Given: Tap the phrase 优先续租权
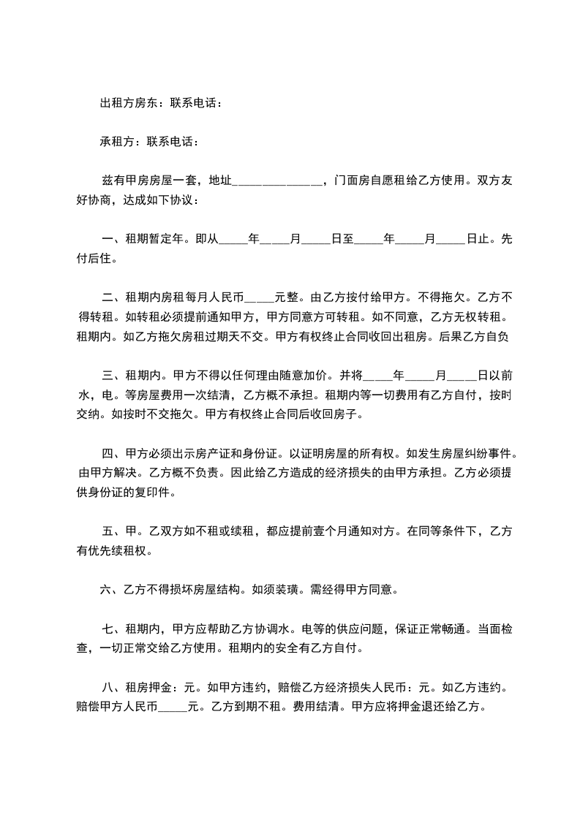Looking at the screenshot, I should click(118, 552).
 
